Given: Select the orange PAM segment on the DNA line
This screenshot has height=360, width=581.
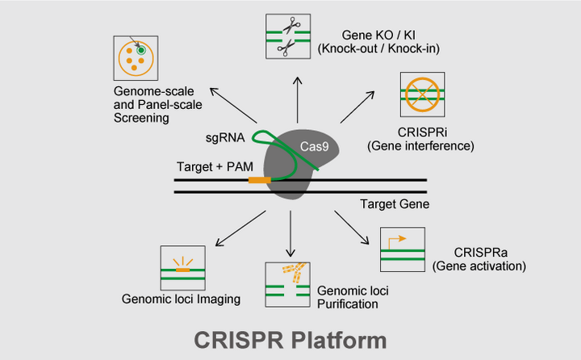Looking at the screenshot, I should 259,180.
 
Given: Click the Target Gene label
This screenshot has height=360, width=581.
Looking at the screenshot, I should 395,204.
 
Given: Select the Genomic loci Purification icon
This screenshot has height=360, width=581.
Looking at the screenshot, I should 288,283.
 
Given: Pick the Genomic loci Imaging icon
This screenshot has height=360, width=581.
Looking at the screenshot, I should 183,266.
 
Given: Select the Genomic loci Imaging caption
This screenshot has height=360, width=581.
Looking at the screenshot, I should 181,299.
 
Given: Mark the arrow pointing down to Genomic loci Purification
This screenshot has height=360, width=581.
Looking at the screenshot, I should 289,234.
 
